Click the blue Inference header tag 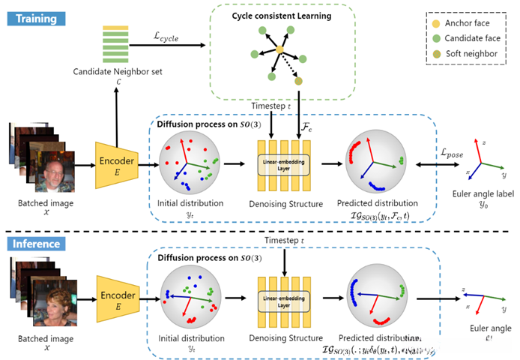click(33, 244)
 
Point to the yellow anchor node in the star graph click(279, 50)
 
